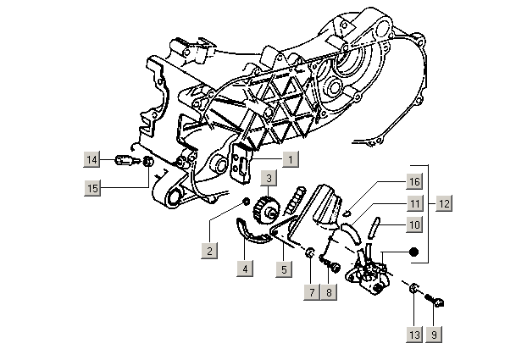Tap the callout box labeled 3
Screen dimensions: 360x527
point(268,179)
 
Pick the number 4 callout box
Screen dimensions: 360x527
point(245,269)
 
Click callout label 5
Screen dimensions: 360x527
point(284,269)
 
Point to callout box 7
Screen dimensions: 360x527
point(312,291)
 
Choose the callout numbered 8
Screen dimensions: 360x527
point(330,291)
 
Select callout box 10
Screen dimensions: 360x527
point(413,225)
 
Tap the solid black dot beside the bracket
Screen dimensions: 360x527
point(414,252)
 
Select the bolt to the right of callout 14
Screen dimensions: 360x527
point(120,161)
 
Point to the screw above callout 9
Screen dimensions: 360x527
point(438,298)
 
